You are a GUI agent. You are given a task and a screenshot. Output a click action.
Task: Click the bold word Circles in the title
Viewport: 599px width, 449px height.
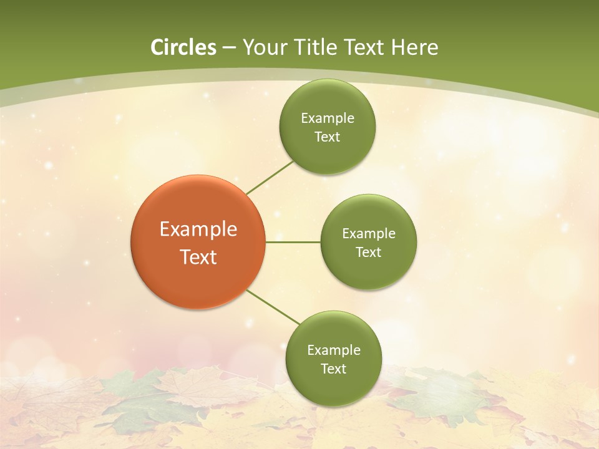tap(183, 47)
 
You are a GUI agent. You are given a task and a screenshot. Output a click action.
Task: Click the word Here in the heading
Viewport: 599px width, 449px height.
tap(414, 47)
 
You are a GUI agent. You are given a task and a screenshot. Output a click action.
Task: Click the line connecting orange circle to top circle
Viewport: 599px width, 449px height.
tap(270, 177)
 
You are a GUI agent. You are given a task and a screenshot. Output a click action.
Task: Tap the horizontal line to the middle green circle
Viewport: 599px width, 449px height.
tap(293, 242)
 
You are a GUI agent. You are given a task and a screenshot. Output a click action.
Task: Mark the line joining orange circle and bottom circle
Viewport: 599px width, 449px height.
tap(273, 307)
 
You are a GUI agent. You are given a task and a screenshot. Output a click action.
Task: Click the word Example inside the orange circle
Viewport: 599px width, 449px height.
tap(198, 229)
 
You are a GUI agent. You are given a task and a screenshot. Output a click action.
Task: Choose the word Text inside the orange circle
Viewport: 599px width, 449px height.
tap(198, 257)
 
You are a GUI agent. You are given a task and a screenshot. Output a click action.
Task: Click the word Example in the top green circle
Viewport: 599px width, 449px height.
tap(328, 118)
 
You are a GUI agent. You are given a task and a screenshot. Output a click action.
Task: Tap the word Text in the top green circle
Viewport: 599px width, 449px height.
tap(327, 137)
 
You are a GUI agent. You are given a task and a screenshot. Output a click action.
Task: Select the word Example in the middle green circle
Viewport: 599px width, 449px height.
tap(369, 234)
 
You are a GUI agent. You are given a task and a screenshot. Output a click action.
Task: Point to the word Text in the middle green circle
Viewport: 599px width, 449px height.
tap(368, 253)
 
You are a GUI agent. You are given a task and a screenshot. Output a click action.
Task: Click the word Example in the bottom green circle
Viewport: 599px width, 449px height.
tap(334, 350)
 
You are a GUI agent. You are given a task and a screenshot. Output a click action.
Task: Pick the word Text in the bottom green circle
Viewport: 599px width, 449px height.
tap(333, 369)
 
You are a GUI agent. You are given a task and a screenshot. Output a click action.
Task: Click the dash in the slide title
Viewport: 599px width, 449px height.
tap(229, 48)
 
